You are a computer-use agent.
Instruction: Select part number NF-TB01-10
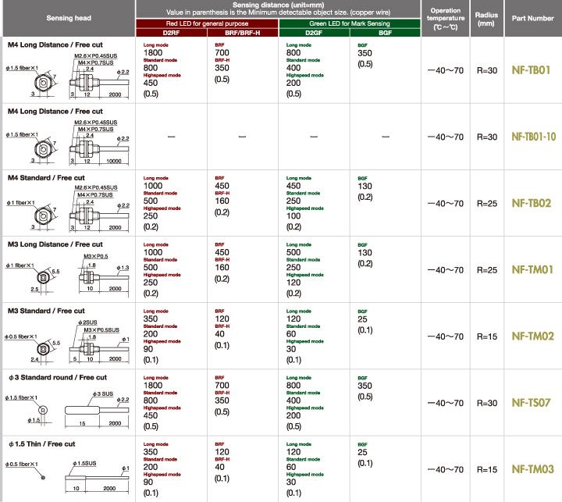(534, 137)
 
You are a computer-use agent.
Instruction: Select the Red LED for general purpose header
(206, 23)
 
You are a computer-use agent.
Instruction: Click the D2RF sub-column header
(171, 32)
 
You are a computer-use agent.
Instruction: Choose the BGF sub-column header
(386, 32)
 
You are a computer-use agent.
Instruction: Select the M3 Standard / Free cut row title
(45, 311)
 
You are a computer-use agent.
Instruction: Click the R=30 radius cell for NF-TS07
(487, 403)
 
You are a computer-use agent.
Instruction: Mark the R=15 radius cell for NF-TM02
(487, 336)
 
